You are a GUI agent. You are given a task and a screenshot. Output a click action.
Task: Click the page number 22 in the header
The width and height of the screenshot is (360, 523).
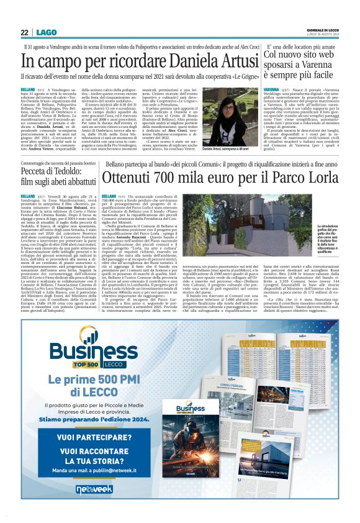[x=24, y=32]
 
